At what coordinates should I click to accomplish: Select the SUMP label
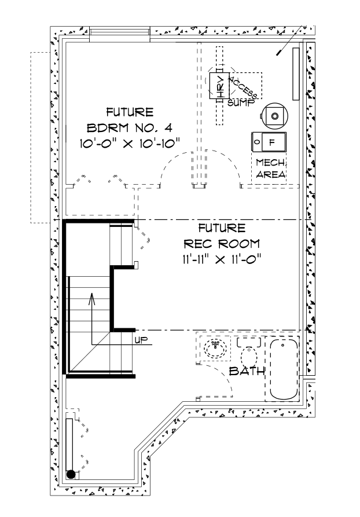(x=238, y=102)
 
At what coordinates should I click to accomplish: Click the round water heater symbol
(x=274, y=115)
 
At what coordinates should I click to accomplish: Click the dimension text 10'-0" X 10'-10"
(x=130, y=142)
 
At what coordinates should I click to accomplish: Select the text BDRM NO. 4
(x=130, y=127)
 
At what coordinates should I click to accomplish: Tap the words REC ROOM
(x=222, y=243)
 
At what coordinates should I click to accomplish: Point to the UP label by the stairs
(x=141, y=340)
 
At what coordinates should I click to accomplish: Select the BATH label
(x=247, y=371)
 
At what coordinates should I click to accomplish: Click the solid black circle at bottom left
(x=71, y=475)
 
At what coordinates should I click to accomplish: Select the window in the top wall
(x=120, y=34)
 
